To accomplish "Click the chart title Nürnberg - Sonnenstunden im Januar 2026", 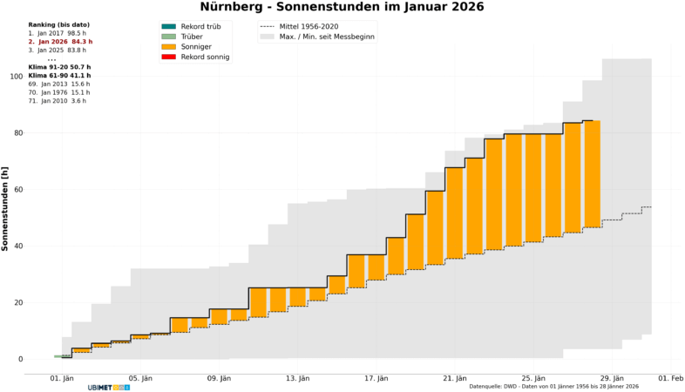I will pos(342,7).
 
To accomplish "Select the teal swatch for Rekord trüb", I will pos(168,27).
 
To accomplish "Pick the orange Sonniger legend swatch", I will pos(168,47).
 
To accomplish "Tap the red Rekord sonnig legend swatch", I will pos(168,57).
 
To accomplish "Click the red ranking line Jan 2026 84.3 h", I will pos(60,42).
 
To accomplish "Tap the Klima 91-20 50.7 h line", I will pos(59,67).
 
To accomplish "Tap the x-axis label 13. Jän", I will pos(298,378).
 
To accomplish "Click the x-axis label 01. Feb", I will pos(670,378).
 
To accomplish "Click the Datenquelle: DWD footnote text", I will pos(553,386).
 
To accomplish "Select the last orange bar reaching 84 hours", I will pos(592,174).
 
